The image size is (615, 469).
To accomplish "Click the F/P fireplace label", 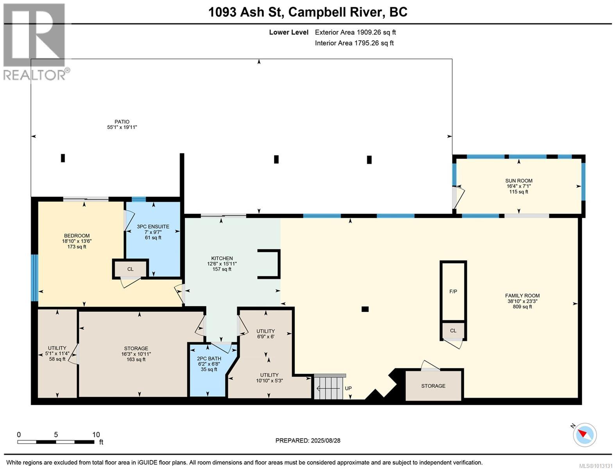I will tap(453, 291).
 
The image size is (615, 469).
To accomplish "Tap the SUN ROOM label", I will tap(518, 181).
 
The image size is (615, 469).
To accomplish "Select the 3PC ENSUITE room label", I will tap(153, 227).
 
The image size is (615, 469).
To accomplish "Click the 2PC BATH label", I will tap(209, 358).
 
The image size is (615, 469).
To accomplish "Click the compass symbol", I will tap(585, 435).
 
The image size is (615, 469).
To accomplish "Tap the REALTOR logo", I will tap(34, 41).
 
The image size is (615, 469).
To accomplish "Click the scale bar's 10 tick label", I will tap(96, 435).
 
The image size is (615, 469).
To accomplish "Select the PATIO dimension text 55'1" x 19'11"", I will tap(122, 127).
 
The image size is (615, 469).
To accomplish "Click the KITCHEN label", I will tap(222, 258).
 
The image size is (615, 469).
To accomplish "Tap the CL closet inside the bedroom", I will tap(130, 269).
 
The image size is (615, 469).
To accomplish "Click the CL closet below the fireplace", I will tap(453, 331).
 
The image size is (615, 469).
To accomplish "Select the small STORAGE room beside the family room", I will tap(433, 386).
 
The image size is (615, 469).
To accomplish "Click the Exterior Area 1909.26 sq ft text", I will tap(355, 32).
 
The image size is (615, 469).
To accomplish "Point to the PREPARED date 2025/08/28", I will tap(308, 440).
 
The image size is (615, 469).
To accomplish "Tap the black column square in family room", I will tap(365, 309).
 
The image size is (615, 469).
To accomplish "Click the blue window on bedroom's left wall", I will tap(34, 277).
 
